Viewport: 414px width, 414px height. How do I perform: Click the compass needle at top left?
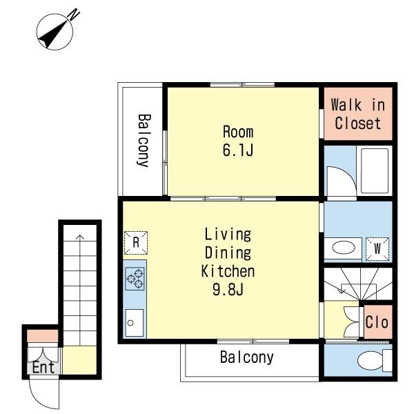point(53,35)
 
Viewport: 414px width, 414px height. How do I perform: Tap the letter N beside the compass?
point(74,14)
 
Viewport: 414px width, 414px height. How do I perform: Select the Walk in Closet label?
point(357,114)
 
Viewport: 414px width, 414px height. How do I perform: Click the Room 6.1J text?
point(238,141)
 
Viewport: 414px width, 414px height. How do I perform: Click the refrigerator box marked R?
point(136,243)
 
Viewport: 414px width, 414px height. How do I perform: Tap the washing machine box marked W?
point(377,248)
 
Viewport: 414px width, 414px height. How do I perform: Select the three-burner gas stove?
point(135,279)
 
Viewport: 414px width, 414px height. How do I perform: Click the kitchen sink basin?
point(135,323)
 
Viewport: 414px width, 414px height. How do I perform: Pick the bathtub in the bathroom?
point(375,171)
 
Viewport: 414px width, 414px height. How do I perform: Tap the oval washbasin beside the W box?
point(344,248)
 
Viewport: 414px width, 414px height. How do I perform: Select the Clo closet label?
point(377,322)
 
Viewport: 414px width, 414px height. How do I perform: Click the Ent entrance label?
point(43,367)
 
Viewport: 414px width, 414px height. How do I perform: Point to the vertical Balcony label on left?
point(144,140)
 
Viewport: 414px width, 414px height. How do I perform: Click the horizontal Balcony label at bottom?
point(247,357)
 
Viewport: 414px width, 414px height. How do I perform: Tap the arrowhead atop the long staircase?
point(80,237)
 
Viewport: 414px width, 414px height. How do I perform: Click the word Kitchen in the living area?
point(228,271)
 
